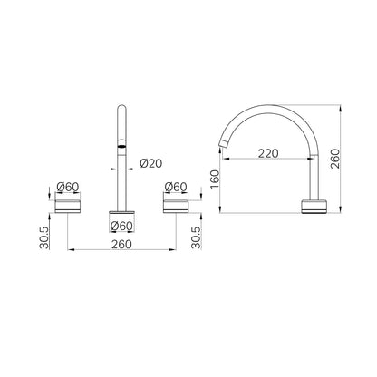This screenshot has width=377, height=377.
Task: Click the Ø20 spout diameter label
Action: pyautogui.click(x=151, y=163)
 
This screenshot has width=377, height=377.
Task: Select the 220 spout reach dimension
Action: pyautogui.click(x=268, y=153)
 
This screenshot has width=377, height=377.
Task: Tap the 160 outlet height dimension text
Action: pyautogui.click(x=215, y=179)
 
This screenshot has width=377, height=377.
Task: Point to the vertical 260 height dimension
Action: pyautogui.click(x=334, y=159)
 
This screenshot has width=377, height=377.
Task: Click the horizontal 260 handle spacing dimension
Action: pyautogui.click(x=121, y=244)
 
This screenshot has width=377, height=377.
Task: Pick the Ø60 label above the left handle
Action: pyautogui.click(x=68, y=187)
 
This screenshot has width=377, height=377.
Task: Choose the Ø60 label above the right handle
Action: pyautogui.click(x=176, y=187)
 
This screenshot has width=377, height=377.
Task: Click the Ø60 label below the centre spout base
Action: pyautogui.click(x=121, y=226)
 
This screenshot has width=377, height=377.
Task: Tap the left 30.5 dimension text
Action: pyautogui.click(x=44, y=238)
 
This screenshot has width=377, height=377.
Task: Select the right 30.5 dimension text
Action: pyautogui.click(x=196, y=238)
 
